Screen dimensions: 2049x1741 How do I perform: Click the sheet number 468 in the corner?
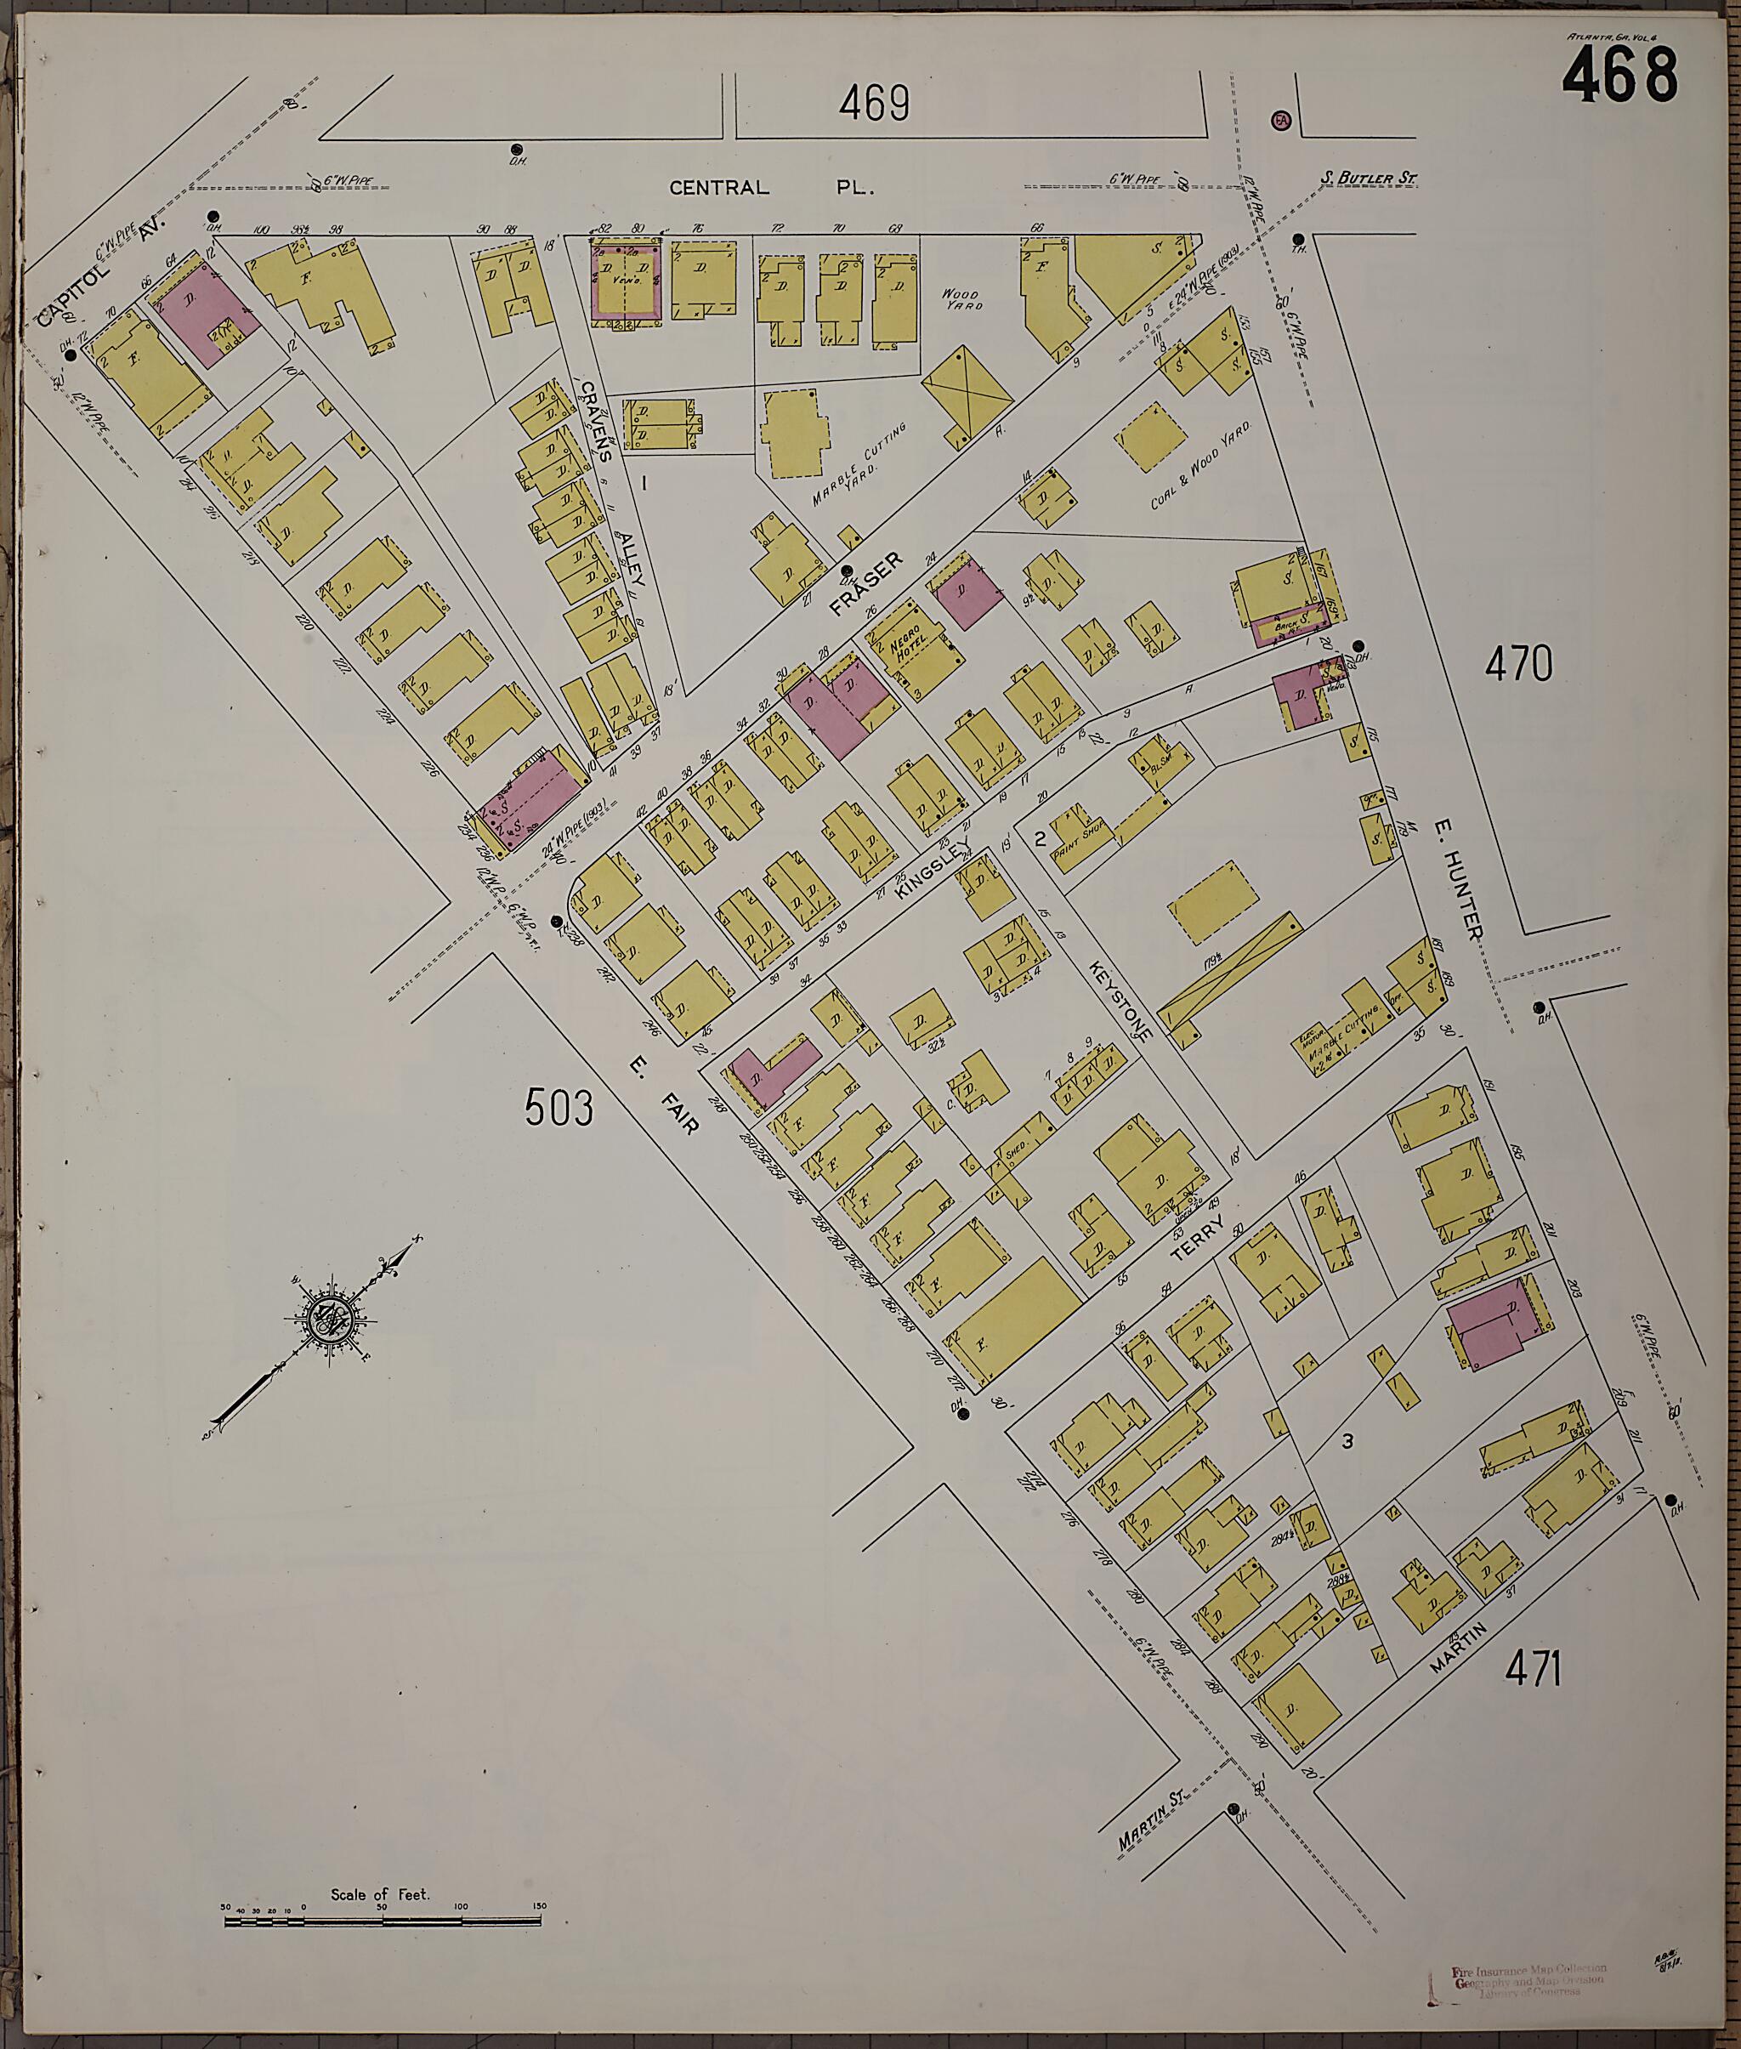click(1619, 77)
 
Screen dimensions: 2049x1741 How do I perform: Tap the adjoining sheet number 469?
click(875, 103)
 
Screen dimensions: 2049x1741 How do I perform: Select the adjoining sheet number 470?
click(1518, 664)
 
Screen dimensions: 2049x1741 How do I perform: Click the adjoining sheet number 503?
click(559, 1106)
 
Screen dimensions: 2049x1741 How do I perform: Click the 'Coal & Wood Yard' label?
click(1202, 466)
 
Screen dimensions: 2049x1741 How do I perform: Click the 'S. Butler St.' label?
click(1369, 179)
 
